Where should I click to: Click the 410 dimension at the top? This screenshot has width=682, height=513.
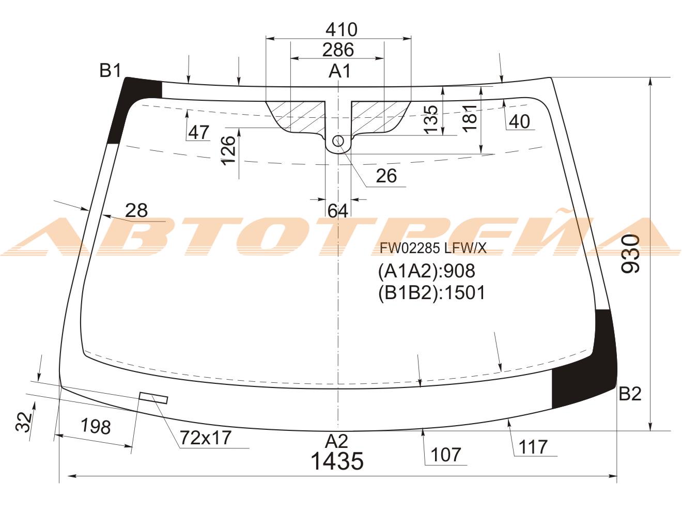(342, 30)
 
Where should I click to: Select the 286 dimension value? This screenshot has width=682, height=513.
(338, 50)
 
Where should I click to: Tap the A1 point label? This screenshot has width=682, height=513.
(339, 71)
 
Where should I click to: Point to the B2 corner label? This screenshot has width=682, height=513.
(630, 394)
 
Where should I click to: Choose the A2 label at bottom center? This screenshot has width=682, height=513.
(337, 441)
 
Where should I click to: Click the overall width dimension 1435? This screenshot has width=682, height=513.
(337, 461)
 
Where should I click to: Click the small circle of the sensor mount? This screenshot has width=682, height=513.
(338, 141)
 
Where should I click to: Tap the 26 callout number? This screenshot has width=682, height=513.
(386, 176)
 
